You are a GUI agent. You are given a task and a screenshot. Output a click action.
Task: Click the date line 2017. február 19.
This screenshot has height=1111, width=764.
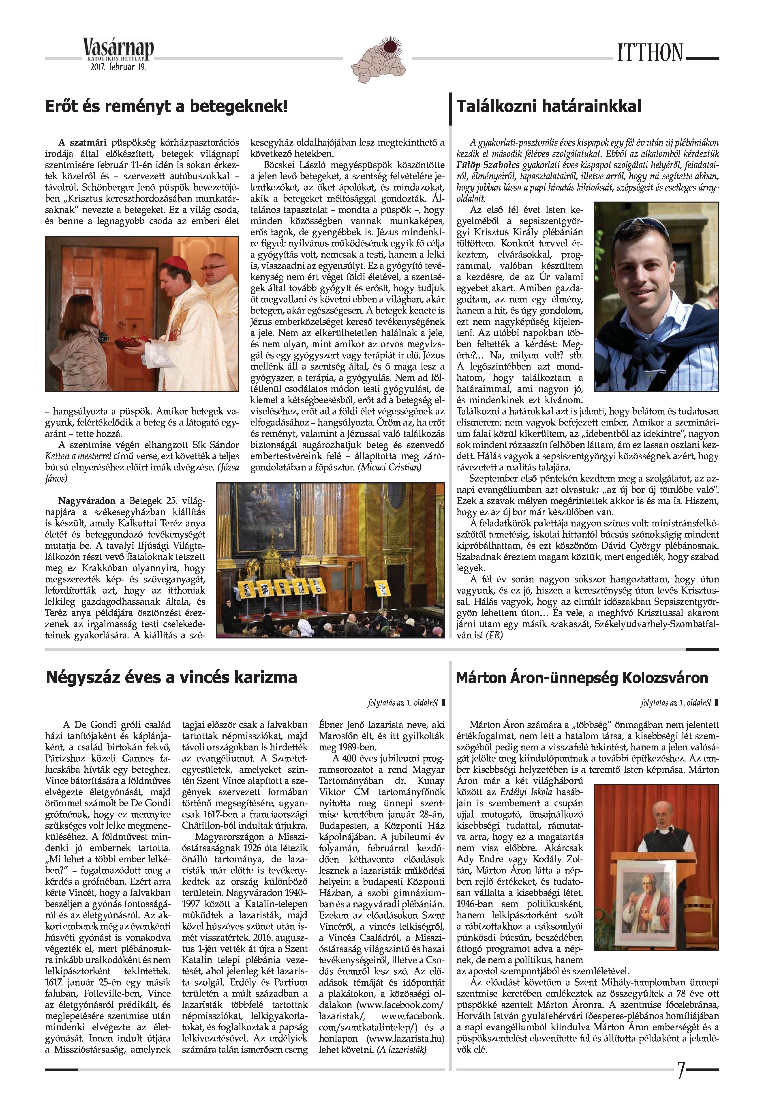tap(118, 67)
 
